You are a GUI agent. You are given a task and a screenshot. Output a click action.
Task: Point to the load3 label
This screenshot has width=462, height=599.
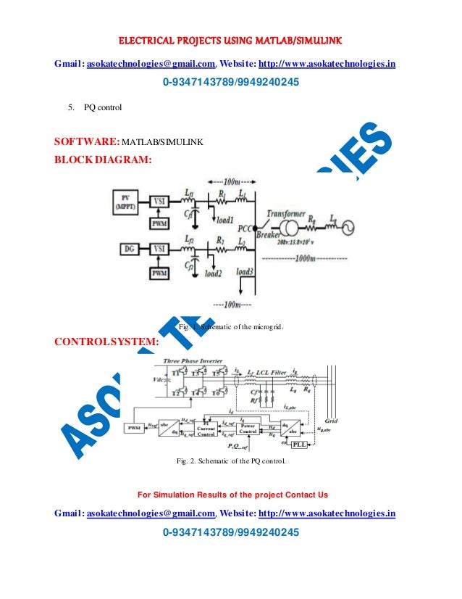tap(245, 273)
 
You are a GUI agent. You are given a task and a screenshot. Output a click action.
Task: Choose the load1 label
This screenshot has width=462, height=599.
tap(225, 220)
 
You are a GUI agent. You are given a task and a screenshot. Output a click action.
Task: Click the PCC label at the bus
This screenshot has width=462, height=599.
tap(246, 228)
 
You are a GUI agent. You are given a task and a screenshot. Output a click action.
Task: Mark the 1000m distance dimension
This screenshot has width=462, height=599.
tap(311, 257)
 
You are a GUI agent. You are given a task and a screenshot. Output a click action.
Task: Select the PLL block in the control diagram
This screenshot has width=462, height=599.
tap(299, 444)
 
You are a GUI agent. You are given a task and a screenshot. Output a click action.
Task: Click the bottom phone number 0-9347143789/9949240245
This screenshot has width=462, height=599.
tap(231, 533)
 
